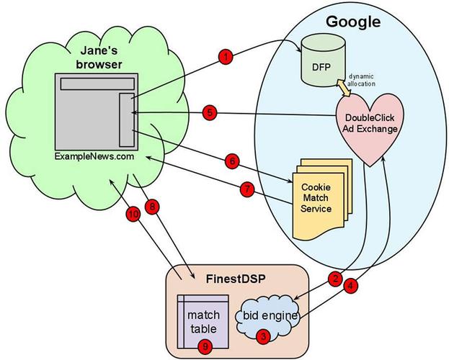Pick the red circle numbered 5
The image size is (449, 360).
pyautogui.click(x=209, y=113)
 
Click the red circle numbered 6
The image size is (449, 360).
pyautogui.click(x=231, y=162)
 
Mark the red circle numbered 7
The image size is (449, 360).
pyautogui.click(x=246, y=191)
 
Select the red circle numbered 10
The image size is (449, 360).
pyautogui.click(x=130, y=213)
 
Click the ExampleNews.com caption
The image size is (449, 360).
pyautogui.click(x=94, y=156)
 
